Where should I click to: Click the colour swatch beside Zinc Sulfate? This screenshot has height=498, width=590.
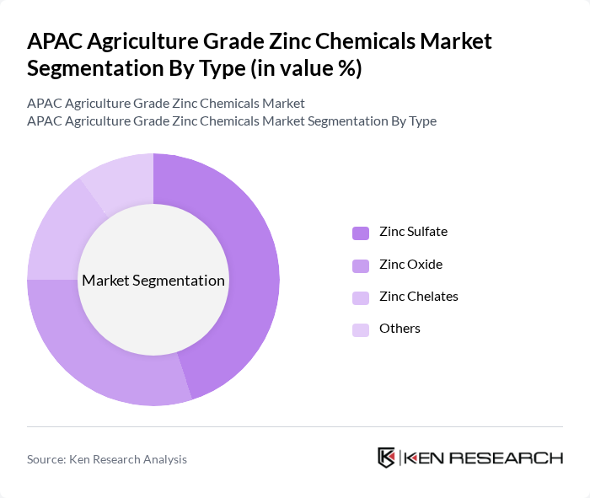[361, 233]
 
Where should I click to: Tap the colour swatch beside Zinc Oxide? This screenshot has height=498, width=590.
[361, 265]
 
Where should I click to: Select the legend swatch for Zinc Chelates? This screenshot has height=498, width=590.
[361, 297]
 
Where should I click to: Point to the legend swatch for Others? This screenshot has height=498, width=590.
[361, 329]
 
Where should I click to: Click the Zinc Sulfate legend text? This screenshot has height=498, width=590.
[413, 232]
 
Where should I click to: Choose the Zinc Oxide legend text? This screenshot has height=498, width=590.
[410, 265]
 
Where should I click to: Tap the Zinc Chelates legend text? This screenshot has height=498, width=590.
[419, 297]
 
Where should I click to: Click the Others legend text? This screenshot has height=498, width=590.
[400, 329]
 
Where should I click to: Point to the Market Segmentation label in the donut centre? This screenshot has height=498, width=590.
[153, 281]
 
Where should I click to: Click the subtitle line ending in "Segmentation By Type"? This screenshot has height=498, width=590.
[232, 121]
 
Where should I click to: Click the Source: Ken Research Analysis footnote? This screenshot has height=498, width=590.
[107, 459]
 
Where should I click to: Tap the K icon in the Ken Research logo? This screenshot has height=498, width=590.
[387, 458]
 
